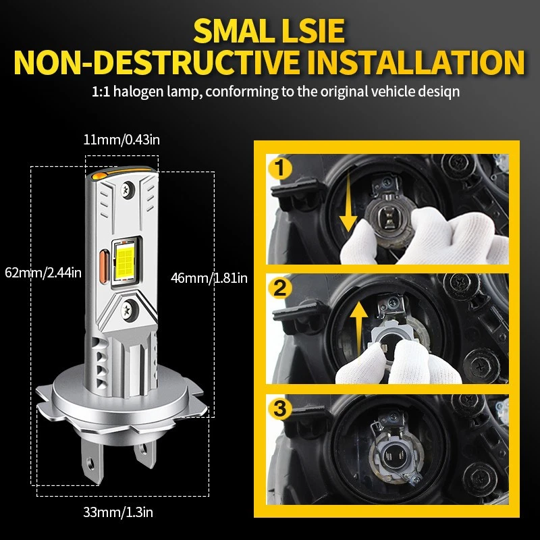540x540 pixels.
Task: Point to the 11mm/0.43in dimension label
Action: (x=122, y=140)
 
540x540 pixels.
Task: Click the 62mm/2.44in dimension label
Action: (x=42, y=273)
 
